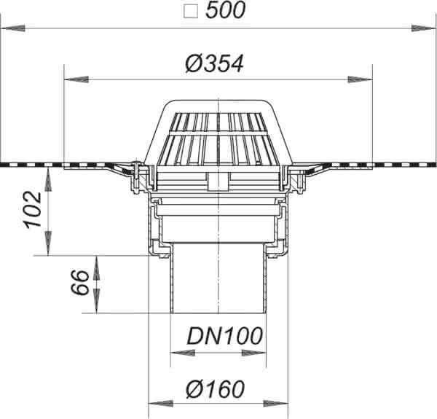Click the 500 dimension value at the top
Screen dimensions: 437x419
tap(225, 10)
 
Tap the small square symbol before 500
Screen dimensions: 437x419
tap(191, 12)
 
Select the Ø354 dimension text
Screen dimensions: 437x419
tap(215, 64)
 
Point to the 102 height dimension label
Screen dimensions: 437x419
tap(33, 210)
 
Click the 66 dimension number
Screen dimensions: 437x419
tap(80, 282)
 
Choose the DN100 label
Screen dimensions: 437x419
tap(224, 336)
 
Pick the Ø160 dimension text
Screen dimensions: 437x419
tap(215, 389)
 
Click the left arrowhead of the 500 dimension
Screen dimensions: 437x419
tap(13, 28)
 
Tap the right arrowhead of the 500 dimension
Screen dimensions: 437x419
tap(423, 28)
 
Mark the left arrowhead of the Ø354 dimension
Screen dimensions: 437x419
tap(76, 79)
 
